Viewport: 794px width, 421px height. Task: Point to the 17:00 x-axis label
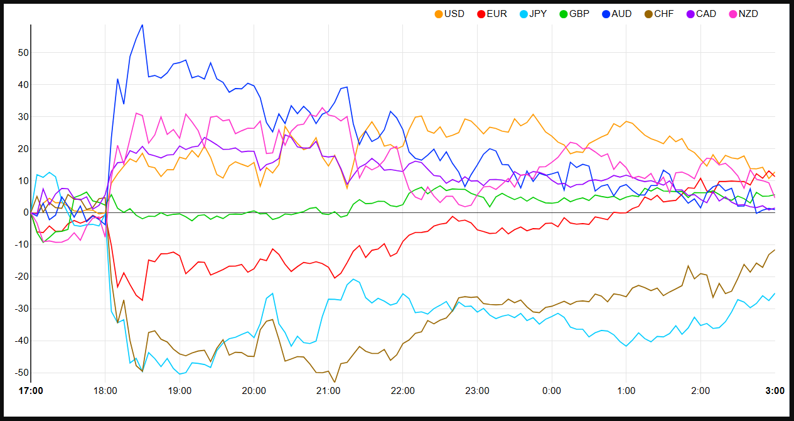point(31,391)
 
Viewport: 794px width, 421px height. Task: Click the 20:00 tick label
point(254,391)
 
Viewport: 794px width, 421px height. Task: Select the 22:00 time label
point(402,391)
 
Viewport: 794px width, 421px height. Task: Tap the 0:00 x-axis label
point(551,391)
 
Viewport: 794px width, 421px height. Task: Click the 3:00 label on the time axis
point(775,391)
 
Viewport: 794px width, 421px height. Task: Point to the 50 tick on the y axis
point(23,53)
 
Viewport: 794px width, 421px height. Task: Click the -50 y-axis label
point(21,373)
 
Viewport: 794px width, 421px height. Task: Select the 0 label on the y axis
point(25,213)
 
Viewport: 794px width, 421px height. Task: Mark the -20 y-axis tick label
point(21,277)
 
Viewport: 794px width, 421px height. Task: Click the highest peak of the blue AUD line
point(142,25)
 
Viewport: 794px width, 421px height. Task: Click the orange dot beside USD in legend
point(439,14)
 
